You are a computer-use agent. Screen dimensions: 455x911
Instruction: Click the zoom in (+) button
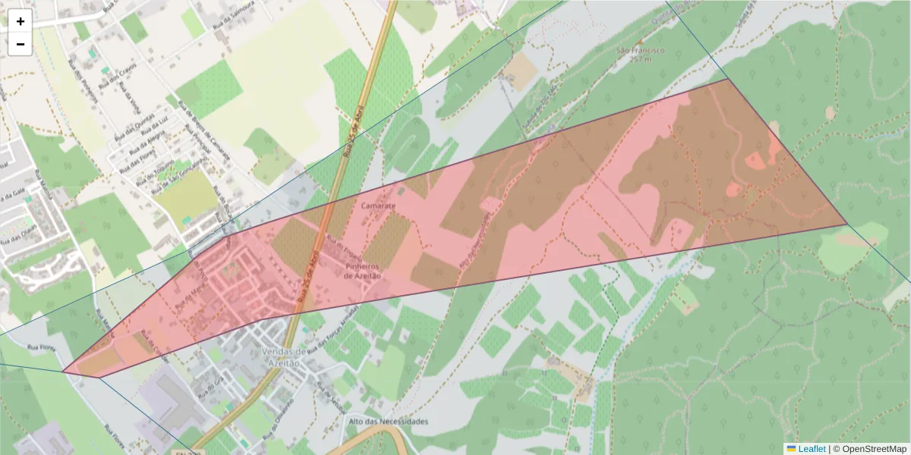20,21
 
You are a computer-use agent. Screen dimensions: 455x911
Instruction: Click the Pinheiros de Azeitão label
362,271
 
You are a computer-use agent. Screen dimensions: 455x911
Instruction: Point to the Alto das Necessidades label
388,421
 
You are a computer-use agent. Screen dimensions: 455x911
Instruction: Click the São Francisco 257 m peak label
640,54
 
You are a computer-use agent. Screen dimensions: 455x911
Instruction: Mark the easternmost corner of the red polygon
846,224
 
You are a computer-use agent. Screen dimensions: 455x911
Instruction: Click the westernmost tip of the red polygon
64,371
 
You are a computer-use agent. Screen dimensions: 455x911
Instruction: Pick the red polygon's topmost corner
727,79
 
